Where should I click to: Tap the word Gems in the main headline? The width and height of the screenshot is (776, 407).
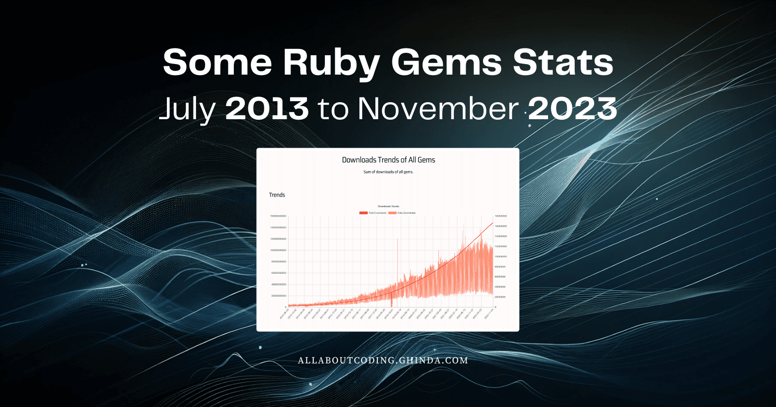click(x=446, y=63)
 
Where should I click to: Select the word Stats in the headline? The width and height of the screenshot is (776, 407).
click(x=563, y=63)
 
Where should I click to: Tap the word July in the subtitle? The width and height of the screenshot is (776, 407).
click(x=187, y=109)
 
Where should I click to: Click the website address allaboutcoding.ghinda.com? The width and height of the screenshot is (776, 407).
click(x=383, y=360)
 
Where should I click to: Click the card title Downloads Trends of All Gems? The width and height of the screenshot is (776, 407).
click(x=388, y=160)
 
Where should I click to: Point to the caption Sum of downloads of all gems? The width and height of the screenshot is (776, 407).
click(x=388, y=172)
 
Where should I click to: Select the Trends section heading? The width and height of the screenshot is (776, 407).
click(x=277, y=195)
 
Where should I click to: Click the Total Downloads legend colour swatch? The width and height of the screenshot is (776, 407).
click(x=363, y=213)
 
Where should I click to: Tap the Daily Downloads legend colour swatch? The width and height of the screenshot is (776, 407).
click(x=392, y=213)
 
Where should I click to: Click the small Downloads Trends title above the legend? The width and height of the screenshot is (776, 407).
click(x=388, y=206)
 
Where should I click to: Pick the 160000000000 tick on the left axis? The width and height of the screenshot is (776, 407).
click(x=278, y=216)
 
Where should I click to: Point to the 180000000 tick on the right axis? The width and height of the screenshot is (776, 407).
click(x=501, y=216)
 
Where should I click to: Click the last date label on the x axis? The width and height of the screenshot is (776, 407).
click(x=489, y=313)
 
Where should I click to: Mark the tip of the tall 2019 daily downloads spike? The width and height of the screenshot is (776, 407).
click(x=398, y=239)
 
